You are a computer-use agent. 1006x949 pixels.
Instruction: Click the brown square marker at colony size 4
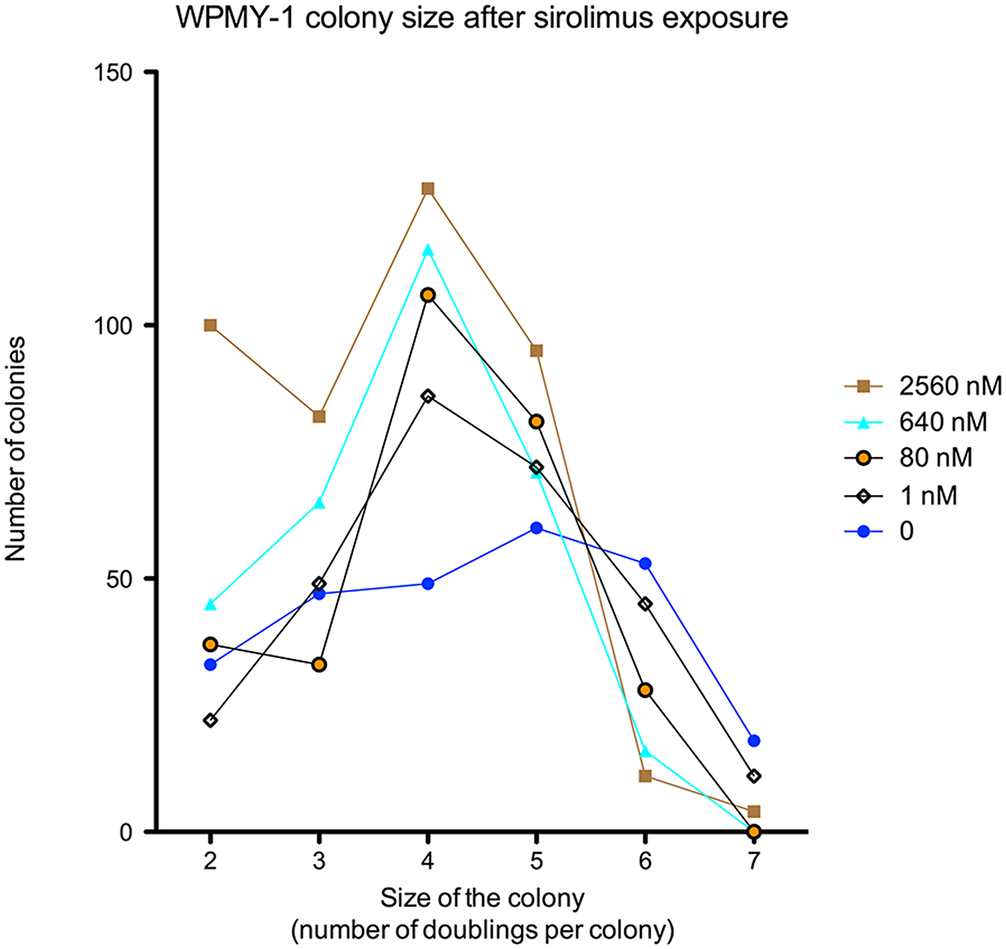tap(428, 189)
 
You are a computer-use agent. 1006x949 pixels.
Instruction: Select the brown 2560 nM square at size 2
tap(211, 325)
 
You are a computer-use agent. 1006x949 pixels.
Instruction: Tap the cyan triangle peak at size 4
tap(428, 250)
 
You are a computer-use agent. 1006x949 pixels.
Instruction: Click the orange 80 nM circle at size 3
tap(319, 665)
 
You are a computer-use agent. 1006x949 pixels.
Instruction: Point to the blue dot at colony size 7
tap(753, 741)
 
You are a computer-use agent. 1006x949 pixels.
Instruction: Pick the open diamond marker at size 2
tap(211, 720)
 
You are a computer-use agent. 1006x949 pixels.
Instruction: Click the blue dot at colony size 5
tap(536, 528)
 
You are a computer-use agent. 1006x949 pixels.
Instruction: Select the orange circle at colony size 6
tap(645, 690)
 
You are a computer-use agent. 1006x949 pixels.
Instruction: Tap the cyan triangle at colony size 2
tap(211, 604)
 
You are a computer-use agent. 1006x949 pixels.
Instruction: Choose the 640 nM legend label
tap(942, 422)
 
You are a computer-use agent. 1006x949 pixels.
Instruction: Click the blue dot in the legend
tap(864, 531)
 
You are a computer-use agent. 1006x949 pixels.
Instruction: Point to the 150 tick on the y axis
tap(113, 72)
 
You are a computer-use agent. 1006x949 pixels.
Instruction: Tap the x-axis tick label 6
tap(645, 860)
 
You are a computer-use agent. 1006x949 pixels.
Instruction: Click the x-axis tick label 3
tap(319, 860)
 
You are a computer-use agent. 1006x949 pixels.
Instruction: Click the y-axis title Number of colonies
tap(15, 449)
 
